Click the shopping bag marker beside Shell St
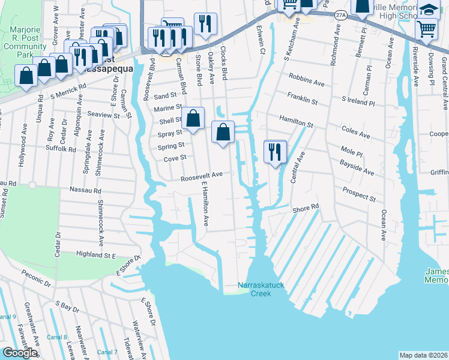pyautogui.click(x=193, y=118)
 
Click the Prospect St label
pyautogui.click(x=359, y=194)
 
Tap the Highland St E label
pyautogui.click(x=95, y=255)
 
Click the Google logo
pyautogui.click(x=20, y=352)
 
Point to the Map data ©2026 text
pyautogui.click(x=423, y=355)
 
